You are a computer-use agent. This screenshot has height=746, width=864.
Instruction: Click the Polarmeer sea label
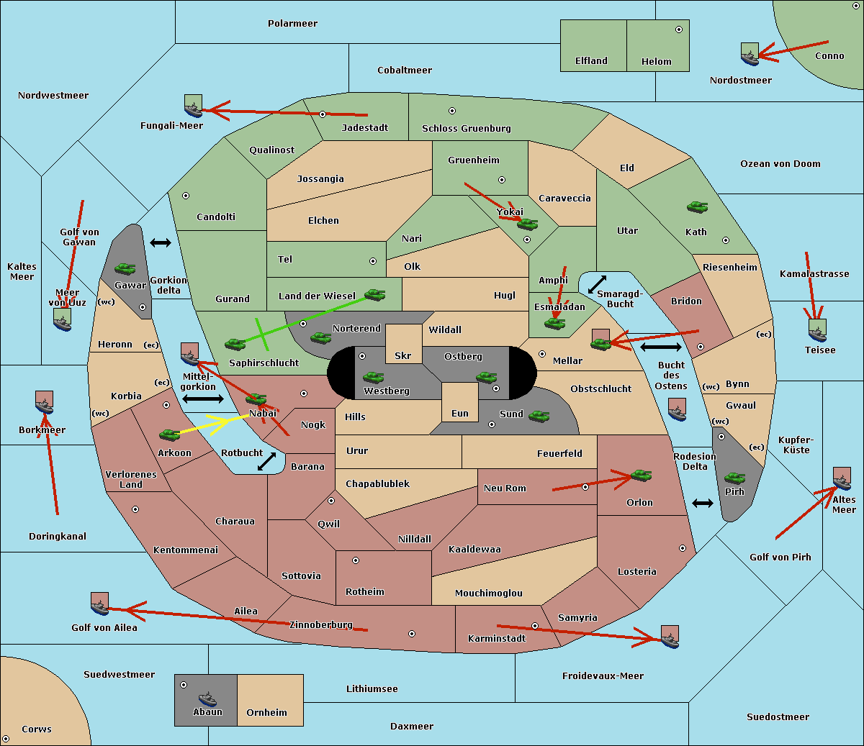pyautogui.click(x=292, y=24)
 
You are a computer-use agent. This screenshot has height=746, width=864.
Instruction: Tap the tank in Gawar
pyautogui.click(x=125, y=268)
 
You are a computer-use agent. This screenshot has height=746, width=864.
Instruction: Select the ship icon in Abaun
pyautogui.click(x=207, y=699)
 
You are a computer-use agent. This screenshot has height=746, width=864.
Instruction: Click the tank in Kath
pyautogui.click(x=697, y=206)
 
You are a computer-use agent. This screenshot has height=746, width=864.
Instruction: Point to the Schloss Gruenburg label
pyautogui.click(x=466, y=128)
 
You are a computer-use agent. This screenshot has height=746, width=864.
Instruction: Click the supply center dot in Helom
pyautogui.click(x=679, y=29)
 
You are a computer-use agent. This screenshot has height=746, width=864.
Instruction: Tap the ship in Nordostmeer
pyautogui.click(x=750, y=54)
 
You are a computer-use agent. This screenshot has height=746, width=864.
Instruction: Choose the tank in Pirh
pyautogui.click(x=734, y=478)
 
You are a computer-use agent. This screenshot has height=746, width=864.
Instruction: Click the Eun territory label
pyautogui.click(x=460, y=413)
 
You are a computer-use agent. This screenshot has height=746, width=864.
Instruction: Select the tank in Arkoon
pyautogui.click(x=170, y=435)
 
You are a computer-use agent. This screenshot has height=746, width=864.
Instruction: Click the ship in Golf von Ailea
pyautogui.click(x=99, y=604)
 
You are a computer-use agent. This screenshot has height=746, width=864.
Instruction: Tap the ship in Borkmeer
pyautogui.click(x=45, y=403)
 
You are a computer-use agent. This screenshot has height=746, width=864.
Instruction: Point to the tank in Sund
pyautogui.click(x=539, y=416)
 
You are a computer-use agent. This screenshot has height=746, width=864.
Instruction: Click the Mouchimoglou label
pyautogui.click(x=489, y=593)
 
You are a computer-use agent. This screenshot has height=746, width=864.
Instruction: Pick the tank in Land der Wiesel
pyautogui.click(x=374, y=294)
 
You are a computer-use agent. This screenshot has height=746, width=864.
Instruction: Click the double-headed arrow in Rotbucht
pyautogui.click(x=266, y=461)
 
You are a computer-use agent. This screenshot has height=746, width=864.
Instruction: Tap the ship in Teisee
pyautogui.click(x=818, y=331)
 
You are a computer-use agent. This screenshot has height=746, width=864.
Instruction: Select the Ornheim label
pyautogui.click(x=266, y=712)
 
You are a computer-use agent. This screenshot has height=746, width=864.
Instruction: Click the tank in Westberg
pyautogui.click(x=373, y=377)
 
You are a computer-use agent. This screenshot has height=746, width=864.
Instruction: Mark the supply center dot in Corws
pyautogui.click(x=6, y=739)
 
